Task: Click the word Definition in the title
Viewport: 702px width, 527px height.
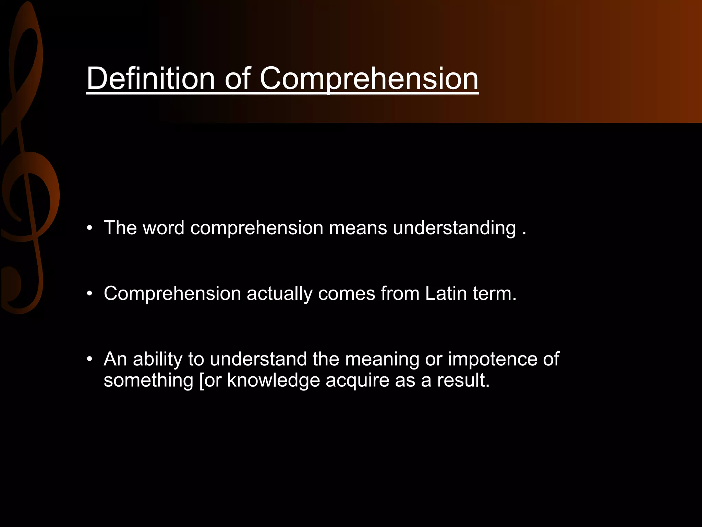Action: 150,79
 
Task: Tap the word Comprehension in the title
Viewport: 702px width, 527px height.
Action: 369,79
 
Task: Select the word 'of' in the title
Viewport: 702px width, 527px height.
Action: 238,79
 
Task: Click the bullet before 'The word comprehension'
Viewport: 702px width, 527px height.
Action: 90,228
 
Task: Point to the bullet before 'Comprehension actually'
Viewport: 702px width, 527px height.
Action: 90,294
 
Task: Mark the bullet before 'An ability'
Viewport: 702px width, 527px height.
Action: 90,359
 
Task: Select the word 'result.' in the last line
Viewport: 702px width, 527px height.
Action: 463,380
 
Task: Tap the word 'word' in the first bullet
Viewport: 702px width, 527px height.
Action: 164,228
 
